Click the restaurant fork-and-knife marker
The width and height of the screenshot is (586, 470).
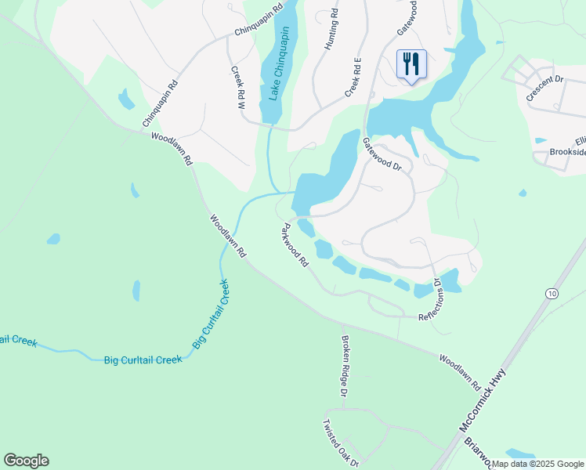tap(411, 65)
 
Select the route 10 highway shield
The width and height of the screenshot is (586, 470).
tap(553, 293)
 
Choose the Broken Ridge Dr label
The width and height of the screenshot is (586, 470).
tap(349, 366)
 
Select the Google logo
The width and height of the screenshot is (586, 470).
tap(26, 461)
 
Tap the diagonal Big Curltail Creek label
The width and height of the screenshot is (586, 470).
tap(210, 314)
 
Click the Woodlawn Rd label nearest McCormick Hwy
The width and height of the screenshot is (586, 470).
tap(459, 373)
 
